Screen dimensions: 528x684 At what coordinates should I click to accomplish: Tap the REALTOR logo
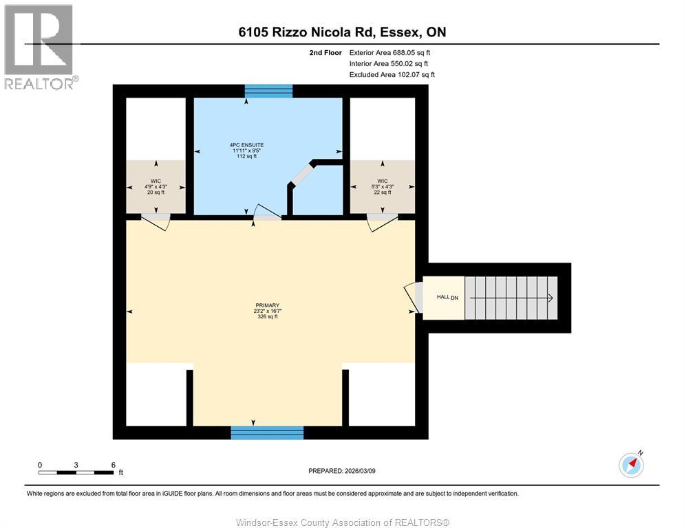tap(40, 47)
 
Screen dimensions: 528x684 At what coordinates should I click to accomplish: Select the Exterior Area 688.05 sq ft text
tap(389, 52)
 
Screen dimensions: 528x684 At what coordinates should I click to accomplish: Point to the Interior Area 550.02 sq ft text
tap(389, 63)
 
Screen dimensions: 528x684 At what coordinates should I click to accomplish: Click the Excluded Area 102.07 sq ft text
tap(392, 74)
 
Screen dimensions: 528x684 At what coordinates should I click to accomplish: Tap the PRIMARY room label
tap(266, 311)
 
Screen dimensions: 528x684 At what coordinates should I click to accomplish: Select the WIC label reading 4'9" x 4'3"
tap(156, 186)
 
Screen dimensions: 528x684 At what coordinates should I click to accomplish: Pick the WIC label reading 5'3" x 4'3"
tap(382, 186)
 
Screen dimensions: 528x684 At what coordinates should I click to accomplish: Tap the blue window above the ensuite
tap(269, 91)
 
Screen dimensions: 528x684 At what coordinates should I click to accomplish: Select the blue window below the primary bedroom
tap(267, 432)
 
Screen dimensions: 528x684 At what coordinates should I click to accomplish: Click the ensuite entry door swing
tap(266, 213)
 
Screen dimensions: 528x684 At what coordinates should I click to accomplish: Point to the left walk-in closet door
tap(156, 221)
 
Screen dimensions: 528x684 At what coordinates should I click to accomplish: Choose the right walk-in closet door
tap(381, 221)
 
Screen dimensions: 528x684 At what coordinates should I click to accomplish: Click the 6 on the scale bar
tap(113, 465)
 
